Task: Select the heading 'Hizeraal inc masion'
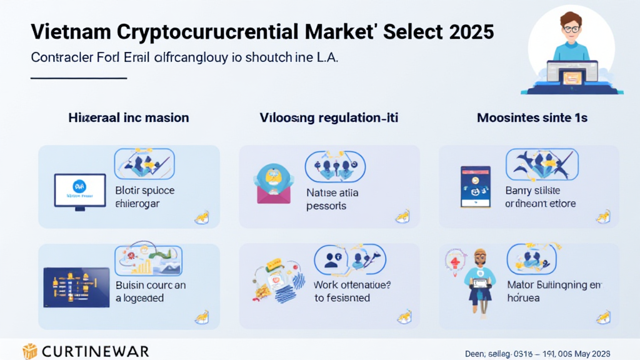point(128,117)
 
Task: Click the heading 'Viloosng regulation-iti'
point(328,117)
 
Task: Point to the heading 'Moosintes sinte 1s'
point(531,117)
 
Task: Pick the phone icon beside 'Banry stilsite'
point(476,187)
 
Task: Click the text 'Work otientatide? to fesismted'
point(352,291)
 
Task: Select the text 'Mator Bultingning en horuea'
point(553,291)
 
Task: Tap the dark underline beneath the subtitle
point(79,79)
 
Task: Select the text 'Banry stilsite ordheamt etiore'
point(541,197)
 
